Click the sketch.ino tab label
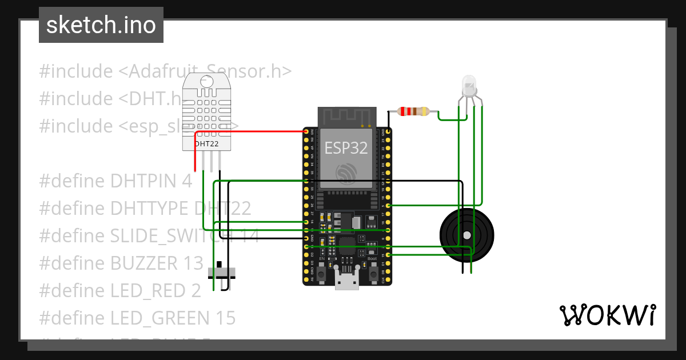pyautogui.click(x=101, y=25)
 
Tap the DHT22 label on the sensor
pyautogui.click(x=206, y=144)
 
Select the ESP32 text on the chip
pyautogui.click(x=346, y=148)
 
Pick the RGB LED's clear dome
pyautogui.click(x=469, y=86)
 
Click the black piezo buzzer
pyautogui.click(x=466, y=235)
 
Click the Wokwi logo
pyautogui.click(x=607, y=315)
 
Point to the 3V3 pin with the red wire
pyautogui.click(x=306, y=132)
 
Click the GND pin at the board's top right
pyautogui.click(x=389, y=132)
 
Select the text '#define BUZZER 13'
pyautogui.click(x=121, y=263)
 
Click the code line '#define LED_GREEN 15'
pyautogui.click(x=137, y=318)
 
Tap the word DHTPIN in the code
pyautogui.click(x=136, y=181)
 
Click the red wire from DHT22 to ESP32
pyautogui.click(x=252, y=131)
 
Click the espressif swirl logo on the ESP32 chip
pyautogui.click(x=346, y=174)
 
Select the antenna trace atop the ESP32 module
pyautogui.click(x=346, y=117)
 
